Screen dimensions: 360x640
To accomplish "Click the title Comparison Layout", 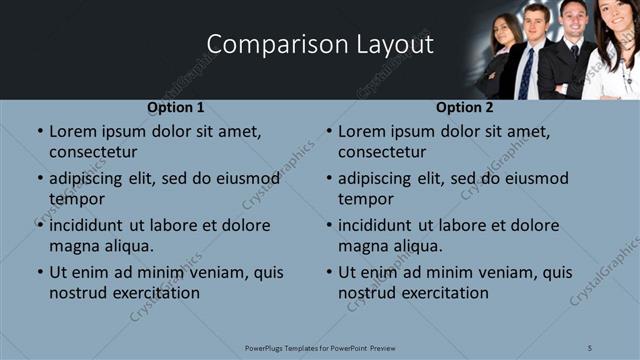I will tap(320, 45).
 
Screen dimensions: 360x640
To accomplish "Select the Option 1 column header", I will tap(175, 107).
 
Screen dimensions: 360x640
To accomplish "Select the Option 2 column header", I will tap(464, 107).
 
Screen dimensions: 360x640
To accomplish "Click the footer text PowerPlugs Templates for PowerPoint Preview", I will tap(320, 348).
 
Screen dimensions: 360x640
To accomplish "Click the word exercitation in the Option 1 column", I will tap(154, 293).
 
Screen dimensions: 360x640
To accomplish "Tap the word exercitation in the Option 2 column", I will tap(443, 293).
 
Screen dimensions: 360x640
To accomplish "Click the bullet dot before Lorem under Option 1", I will tap(39, 132).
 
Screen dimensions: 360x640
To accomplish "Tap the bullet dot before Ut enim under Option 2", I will tap(328, 273).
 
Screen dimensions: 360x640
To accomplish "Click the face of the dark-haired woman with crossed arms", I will tap(508, 32).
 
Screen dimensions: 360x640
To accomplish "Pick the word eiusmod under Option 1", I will tap(243, 179).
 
